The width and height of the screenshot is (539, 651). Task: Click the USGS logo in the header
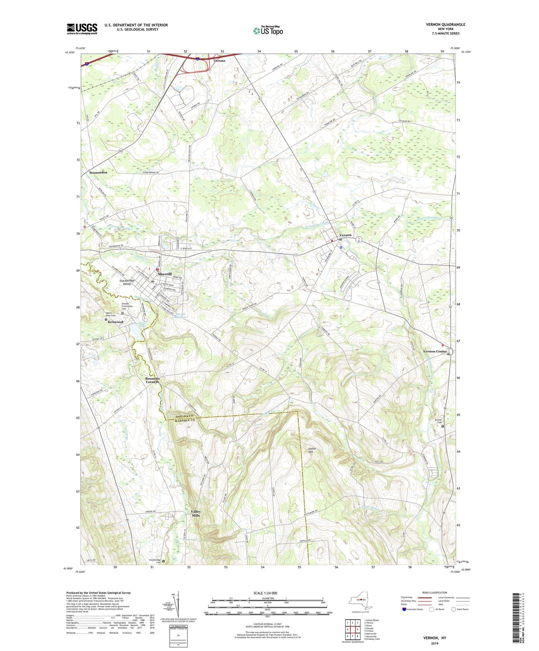click(82, 29)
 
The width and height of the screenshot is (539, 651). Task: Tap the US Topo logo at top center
click(267, 31)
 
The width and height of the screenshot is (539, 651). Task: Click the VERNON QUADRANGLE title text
click(445, 25)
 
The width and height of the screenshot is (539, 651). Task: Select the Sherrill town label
click(164, 274)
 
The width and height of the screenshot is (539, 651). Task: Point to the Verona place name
click(219, 60)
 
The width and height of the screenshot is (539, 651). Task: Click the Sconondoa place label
click(98, 173)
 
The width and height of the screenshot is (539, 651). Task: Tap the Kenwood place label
click(115, 322)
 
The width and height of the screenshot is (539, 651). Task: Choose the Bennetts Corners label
click(152, 380)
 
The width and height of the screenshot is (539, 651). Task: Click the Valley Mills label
click(196, 513)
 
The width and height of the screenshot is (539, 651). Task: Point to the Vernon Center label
click(435, 351)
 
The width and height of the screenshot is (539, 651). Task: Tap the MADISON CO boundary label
click(183, 421)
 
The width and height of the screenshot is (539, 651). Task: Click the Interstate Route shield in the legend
click(404, 609)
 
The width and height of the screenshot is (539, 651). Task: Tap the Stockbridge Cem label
click(155, 561)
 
